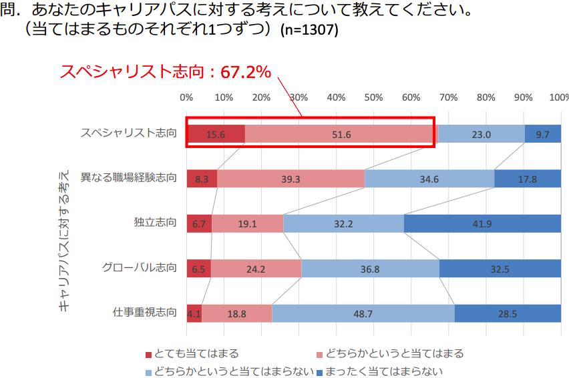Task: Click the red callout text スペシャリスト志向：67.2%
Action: click(165, 72)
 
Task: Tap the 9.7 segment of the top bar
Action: click(542, 134)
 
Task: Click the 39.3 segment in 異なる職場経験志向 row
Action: click(291, 179)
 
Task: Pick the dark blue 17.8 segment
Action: click(528, 179)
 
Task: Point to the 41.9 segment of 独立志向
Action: click(482, 223)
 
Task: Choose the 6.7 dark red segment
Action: click(199, 223)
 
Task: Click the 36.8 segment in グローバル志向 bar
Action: click(370, 269)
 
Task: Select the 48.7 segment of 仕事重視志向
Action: click(363, 313)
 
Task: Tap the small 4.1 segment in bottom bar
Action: click(194, 313)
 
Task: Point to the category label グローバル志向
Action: click(140, 268)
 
